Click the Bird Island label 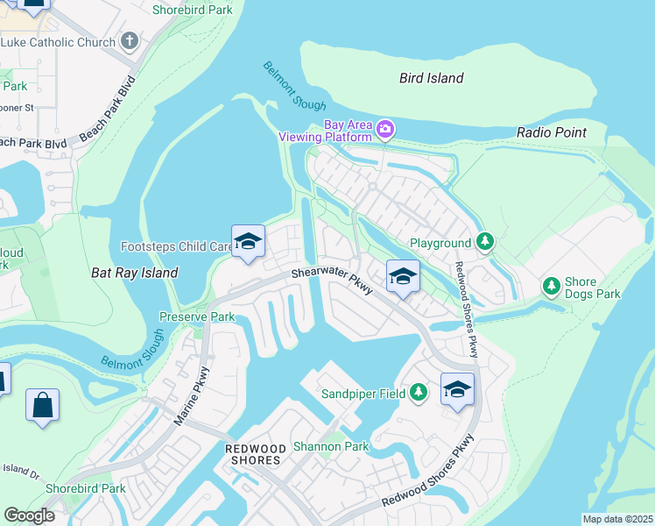coord(431,78)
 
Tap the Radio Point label coord(551,132)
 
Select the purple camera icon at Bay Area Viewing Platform coord(385,131)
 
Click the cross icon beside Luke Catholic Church coord(130,41)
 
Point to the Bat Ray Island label coord(135,273)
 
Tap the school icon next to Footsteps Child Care coord(248,241)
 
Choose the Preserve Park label coord(196,316)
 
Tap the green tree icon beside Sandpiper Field coord(419,393)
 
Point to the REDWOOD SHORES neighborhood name coord(254,454)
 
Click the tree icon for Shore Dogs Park coord(551,285)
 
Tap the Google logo coord(30,515)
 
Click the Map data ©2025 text coord(616,519)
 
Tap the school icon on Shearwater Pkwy coord(402,276)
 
